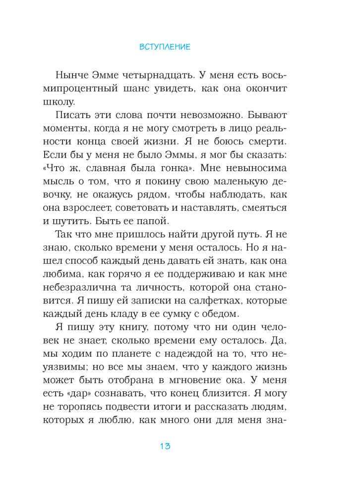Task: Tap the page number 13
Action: pos(165,446)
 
